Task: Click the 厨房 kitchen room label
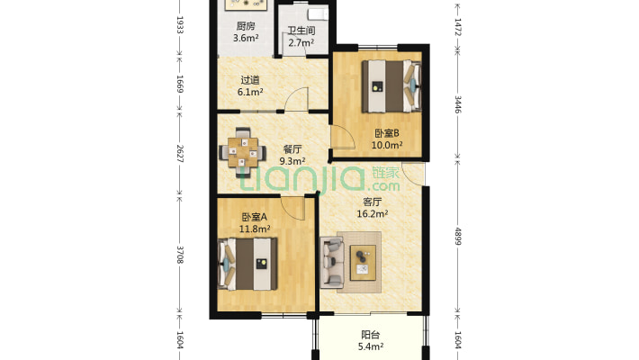click(x=246, y=26)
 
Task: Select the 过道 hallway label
click(x=250, y=79)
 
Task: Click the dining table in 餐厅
click(x=243, y=151)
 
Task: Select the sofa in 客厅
click(x=330, y=262)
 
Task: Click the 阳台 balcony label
click(x=371, y=334)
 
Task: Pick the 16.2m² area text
click(x=372, y=214)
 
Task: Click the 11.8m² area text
click(x=255, y=229)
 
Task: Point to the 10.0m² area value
click(x=388, y=144)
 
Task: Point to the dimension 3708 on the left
click(x=180, y=255)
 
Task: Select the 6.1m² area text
click(x=250, y=92)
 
